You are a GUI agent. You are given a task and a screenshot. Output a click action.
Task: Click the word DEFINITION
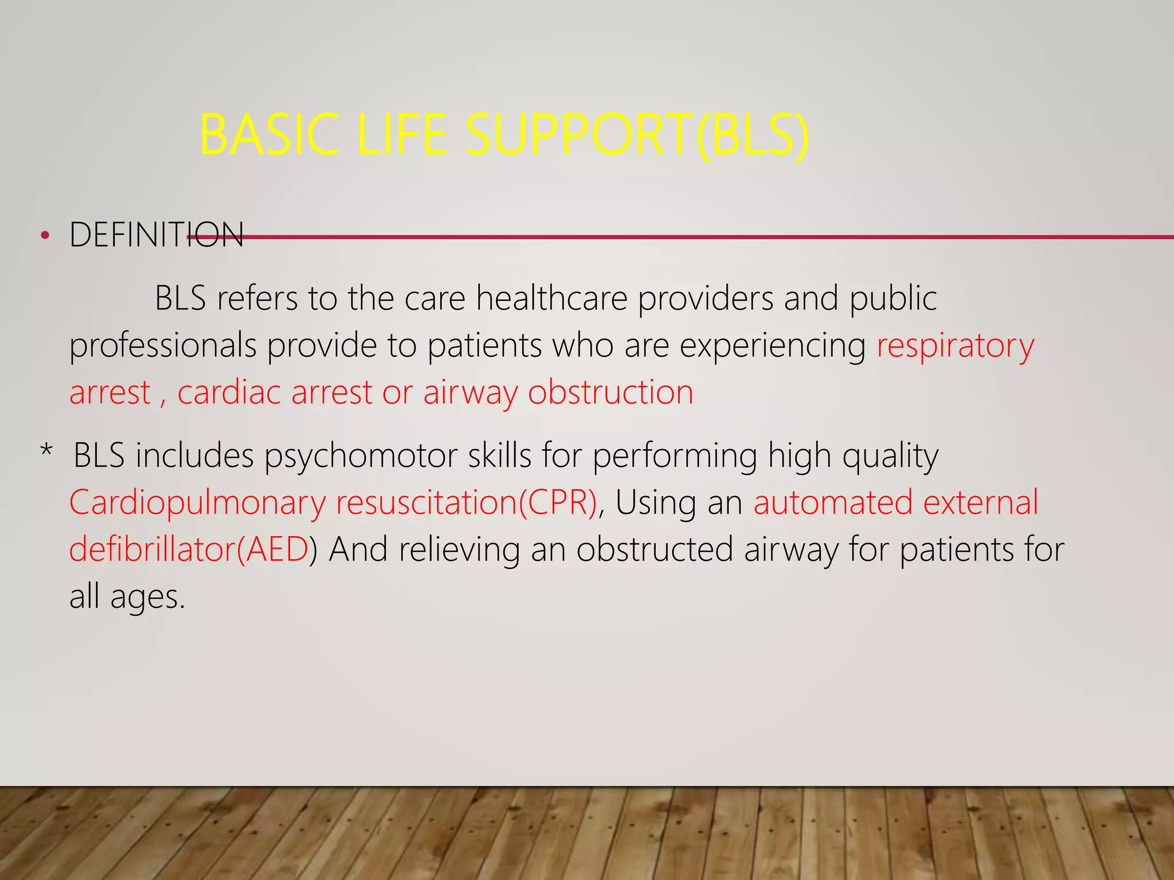point(156,235)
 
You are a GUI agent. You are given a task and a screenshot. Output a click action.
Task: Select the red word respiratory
point(956,345)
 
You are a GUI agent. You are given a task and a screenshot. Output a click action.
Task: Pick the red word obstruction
point(611,393)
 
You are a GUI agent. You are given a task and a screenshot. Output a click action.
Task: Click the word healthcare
point(551,298)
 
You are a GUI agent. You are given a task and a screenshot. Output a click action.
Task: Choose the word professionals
point(163,347)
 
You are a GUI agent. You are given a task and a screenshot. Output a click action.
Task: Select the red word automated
point(832,502)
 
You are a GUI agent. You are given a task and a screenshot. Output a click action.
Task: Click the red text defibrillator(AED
point(189,549)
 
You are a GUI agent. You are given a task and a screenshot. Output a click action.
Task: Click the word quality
point(890,457)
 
